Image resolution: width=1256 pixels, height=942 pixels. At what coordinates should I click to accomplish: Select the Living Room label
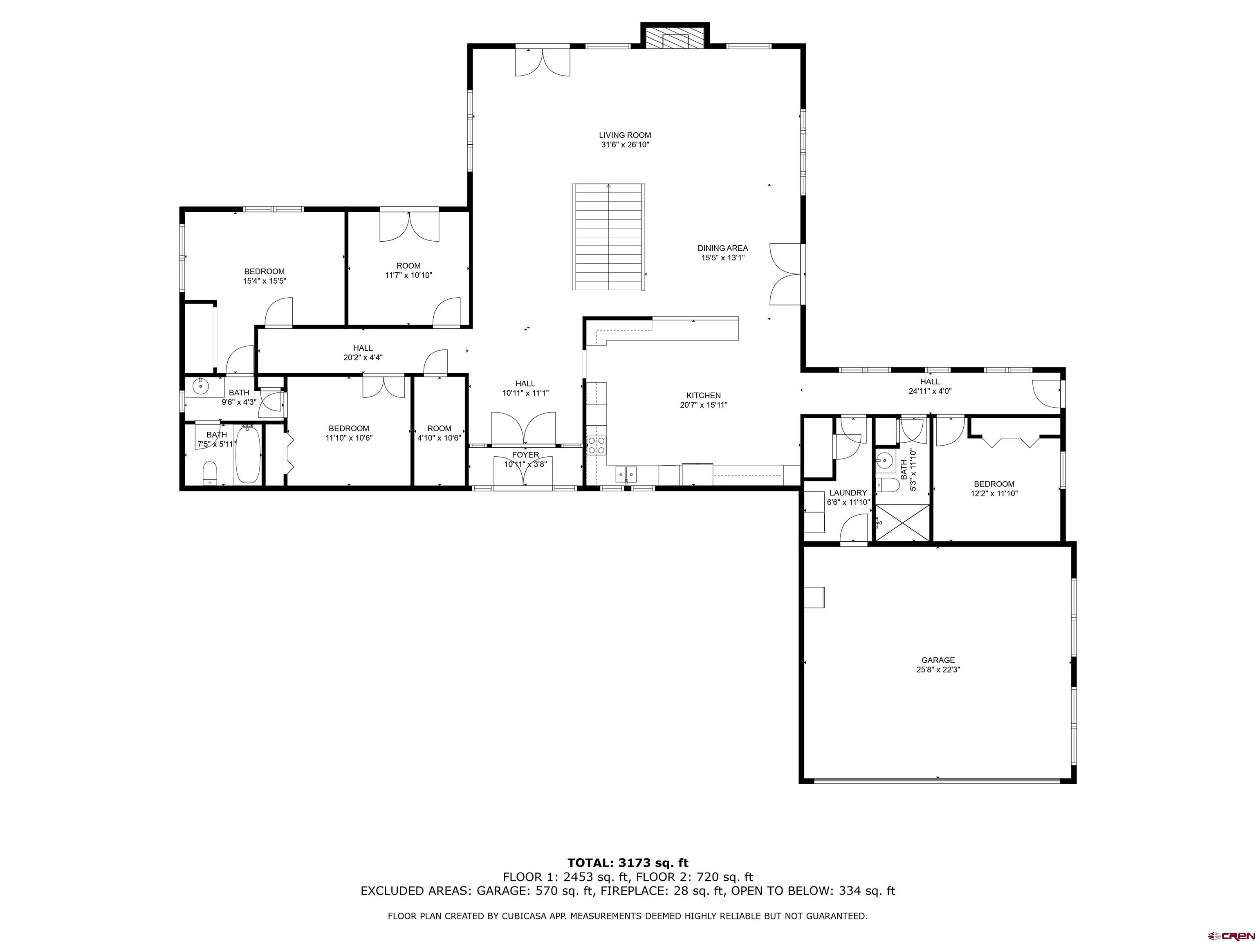coord(625,135)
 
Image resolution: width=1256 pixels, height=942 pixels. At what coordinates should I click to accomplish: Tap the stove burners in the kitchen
coord(596,444)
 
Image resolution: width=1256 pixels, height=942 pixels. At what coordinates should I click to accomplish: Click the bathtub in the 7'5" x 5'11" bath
coord(248,454)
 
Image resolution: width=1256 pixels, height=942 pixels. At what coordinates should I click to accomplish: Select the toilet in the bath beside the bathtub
coord(210,473)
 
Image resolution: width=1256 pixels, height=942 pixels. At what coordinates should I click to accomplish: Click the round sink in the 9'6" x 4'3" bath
coord(200,386)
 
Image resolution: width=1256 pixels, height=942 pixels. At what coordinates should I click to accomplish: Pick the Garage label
coord(938,660)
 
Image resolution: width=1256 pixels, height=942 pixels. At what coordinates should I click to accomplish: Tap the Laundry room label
coord(848,493)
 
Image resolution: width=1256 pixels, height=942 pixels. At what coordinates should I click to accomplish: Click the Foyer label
coord(525,455)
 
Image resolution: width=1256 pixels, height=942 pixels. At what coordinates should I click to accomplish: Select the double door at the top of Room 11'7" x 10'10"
coord(409,225)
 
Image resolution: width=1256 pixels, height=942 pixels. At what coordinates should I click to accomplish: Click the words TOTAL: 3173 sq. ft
coord(628,863)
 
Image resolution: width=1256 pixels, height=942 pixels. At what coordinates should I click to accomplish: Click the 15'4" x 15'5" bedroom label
coord(264,276)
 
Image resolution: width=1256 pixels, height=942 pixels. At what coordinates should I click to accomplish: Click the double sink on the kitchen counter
coord(626,472)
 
